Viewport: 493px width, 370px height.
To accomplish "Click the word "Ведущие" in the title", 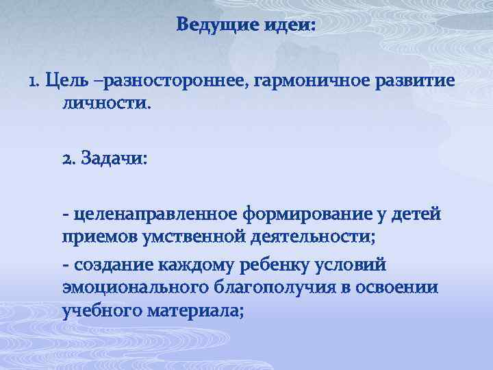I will coord(216,25).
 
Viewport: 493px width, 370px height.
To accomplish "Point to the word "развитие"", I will coord(416,82).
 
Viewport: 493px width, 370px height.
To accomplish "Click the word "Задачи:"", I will coord(114,158).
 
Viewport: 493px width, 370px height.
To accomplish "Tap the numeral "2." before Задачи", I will coord(70,158).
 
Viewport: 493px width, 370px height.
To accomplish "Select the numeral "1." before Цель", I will coord(36,82).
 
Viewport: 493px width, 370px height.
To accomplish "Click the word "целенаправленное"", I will coord(144,216).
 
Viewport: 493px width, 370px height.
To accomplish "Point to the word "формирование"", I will coord(299,216).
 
